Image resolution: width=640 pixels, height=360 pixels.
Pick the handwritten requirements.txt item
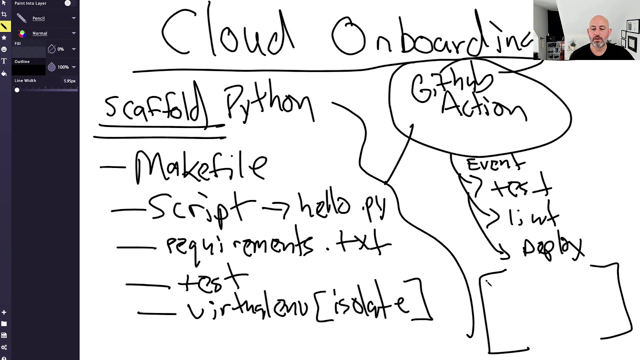(277, 245)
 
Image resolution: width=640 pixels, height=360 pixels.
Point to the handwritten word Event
(495, 163)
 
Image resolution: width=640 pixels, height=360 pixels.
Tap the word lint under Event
(533, 217)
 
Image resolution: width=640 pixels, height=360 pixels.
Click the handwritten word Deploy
(552, 247)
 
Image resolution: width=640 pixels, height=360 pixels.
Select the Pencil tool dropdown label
(38, 18)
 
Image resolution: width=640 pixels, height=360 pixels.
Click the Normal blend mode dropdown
(40, 33)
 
